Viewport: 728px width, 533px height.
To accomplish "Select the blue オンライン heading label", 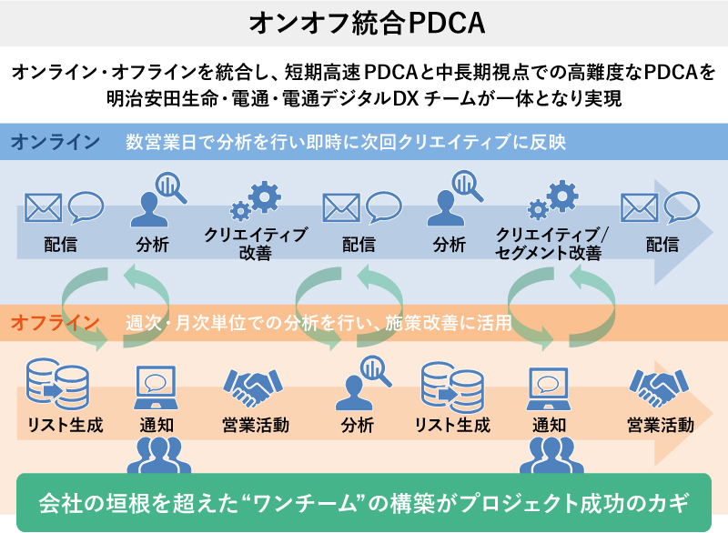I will point(56,142).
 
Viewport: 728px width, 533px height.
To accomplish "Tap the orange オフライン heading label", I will point(56,321).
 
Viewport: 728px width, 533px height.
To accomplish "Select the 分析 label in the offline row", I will point(358,425).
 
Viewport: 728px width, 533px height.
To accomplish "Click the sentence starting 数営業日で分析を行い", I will point(346,142).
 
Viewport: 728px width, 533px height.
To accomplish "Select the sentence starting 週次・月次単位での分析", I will point(318,321).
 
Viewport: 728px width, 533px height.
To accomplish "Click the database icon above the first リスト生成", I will point(52,384).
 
